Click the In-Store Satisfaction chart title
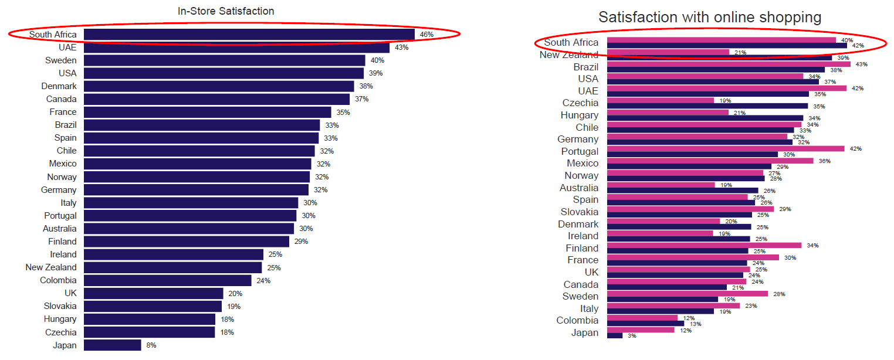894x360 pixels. (226, 11)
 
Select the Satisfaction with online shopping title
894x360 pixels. (710, 18)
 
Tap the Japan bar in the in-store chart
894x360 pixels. (113, 345)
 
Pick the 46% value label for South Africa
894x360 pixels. (426, 35)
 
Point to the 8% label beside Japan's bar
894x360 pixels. (151, 345)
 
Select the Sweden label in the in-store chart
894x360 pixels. (61, 60)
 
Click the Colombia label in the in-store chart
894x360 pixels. (58, 280)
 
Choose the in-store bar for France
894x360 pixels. (208, 112)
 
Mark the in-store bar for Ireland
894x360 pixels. (174, 254)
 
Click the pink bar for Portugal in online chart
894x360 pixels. (726, 148)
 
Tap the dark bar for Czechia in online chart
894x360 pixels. (707, 106)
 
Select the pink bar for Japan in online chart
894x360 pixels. (641, 330)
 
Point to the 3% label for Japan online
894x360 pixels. (632, 336)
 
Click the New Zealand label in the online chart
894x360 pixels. (569, 55)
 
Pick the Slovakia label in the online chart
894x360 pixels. (580, 212)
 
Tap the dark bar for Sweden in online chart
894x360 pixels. (662, 299)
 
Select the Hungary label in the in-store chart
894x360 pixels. (60, 319)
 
